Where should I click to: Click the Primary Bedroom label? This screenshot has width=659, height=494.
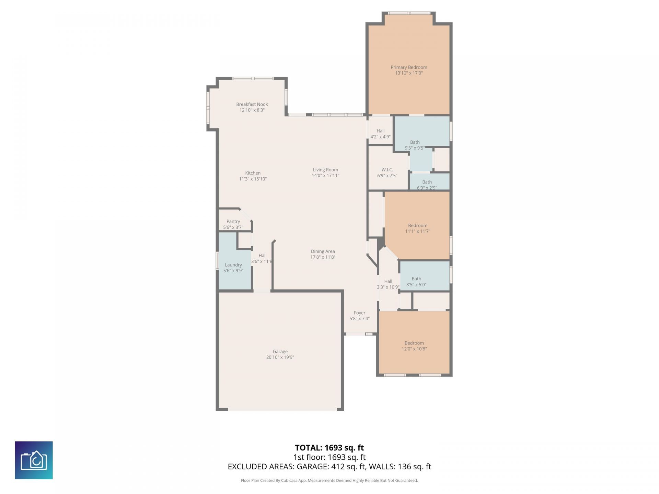coord(408,67)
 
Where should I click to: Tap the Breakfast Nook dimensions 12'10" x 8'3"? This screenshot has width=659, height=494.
coord(252,110)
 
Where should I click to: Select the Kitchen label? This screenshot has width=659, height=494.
coord(253,173)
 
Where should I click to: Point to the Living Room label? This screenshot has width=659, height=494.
coord(325,169)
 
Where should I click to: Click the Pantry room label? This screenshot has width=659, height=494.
coord(233,221)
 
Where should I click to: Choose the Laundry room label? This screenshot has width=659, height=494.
coord(233,265)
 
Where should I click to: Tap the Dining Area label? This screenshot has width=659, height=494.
coord(323,251)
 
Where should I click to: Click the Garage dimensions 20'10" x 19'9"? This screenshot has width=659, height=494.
coord(280,357)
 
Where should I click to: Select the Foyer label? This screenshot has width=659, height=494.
coord(359,313)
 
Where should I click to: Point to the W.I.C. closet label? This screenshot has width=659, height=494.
coord(387,169)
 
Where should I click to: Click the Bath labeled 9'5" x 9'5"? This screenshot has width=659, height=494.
coord(415,142)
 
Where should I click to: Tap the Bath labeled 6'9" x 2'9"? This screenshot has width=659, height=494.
coord(427,182)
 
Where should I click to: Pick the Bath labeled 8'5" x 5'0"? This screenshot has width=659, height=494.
coord(416,279)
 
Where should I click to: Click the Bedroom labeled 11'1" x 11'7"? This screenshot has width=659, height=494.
coord(417,225)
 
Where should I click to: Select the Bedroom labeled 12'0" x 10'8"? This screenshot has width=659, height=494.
coord(414,343)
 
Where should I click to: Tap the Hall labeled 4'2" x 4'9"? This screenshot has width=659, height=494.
coord(380,131)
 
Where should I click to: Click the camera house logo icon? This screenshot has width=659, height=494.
coord(34,460)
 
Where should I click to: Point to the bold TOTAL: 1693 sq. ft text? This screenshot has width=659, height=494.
coord(329,448)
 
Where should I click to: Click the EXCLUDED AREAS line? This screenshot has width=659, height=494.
coord(329,467)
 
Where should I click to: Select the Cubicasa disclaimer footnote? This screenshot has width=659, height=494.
coord(329,481)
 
